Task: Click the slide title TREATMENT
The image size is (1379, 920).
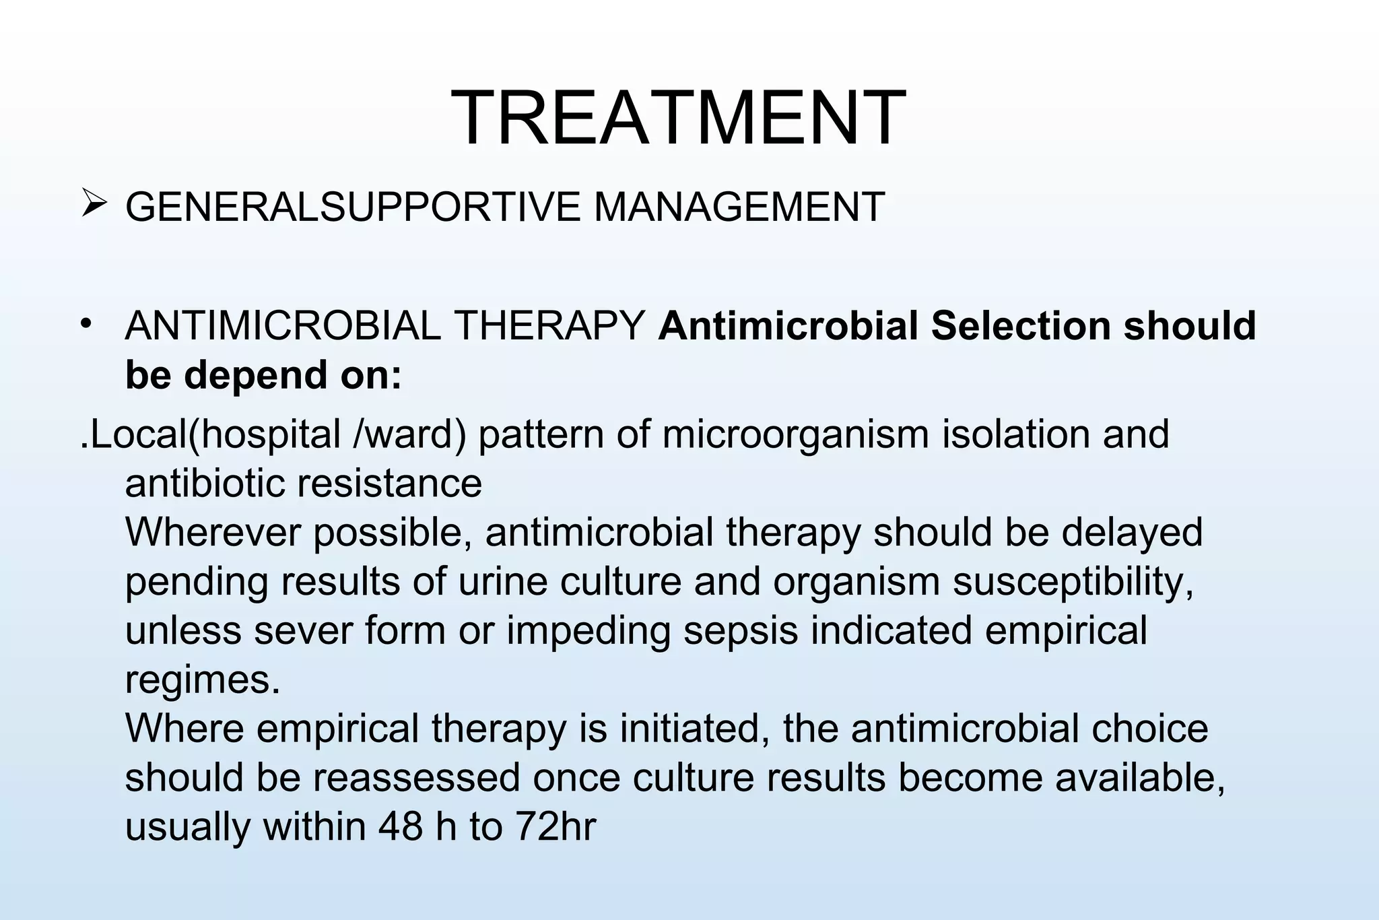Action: [678, 118]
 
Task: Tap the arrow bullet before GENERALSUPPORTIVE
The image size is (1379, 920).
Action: [93, 203]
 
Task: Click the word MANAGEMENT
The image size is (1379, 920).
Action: [739, 207]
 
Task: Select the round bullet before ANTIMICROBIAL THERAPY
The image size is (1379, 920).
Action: [86, 325]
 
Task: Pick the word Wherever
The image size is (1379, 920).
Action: [213, 533]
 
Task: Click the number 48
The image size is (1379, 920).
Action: [400, 827]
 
